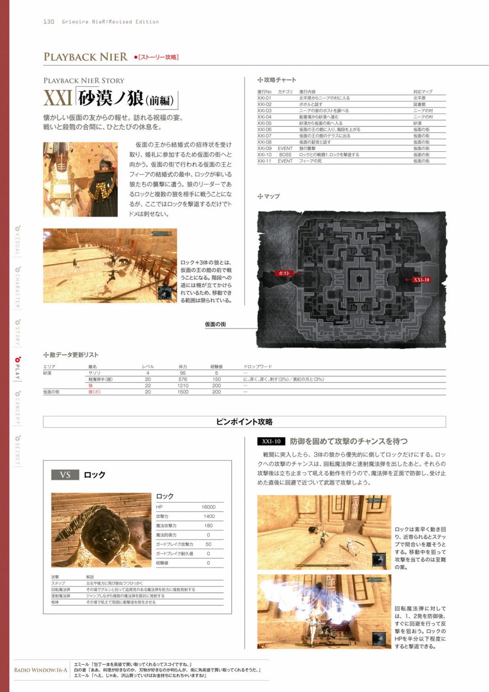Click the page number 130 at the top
tap(48, 22)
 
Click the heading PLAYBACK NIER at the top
tap(86, 57)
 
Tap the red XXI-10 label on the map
tap(421, 280)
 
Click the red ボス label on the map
tap(284, 273)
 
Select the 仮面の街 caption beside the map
tap(215, 324)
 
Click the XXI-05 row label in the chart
tap(264, 124)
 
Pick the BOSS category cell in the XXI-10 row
tap(285, 154)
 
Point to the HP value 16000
tap(208, 507)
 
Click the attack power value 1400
tap(209, 516)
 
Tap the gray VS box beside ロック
tap(65, 475)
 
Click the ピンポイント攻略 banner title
tap(244, 422)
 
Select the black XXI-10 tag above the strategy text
tap(271, 442)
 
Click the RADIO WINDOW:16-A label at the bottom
tap(40, 670)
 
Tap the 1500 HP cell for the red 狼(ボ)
tap(182, 392)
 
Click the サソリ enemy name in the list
tap(94, 373)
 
